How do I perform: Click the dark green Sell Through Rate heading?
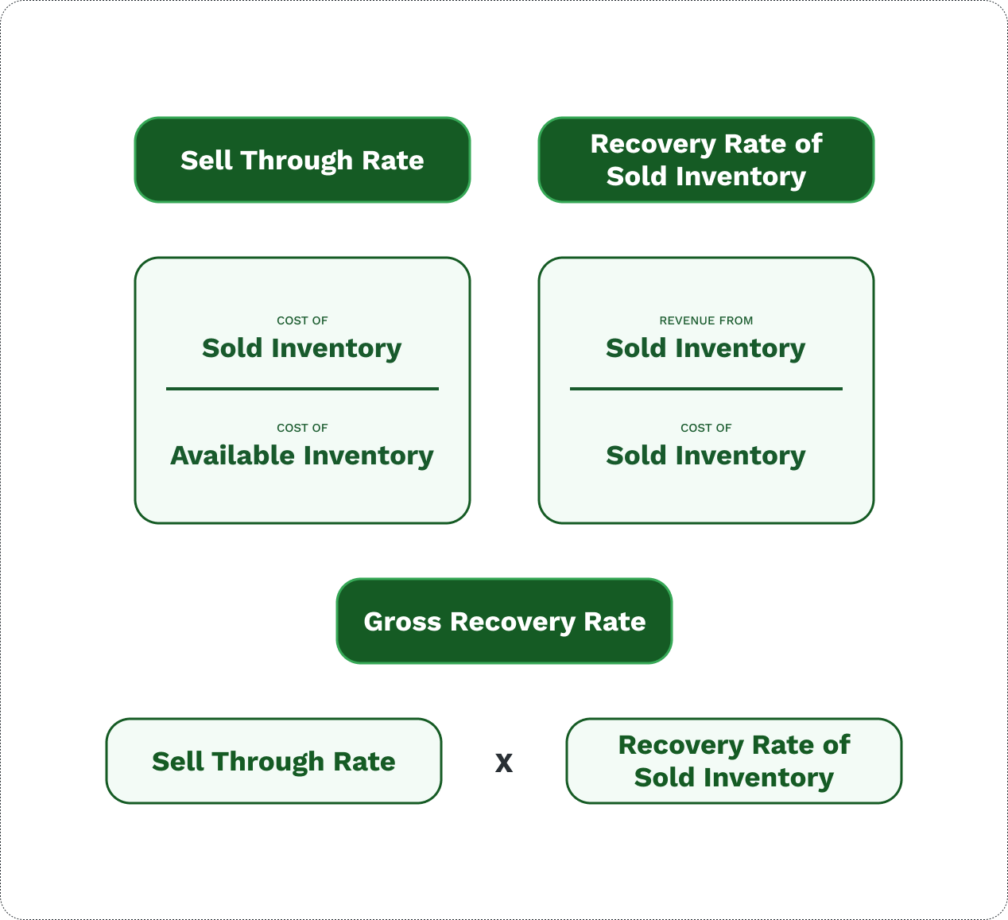point(302,160)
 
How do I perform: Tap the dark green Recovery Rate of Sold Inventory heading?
point(706,160)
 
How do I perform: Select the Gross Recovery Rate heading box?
point(504,621)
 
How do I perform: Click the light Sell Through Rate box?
point(273,761)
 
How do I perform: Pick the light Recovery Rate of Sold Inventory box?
point(734,761)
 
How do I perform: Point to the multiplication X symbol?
point(504,763)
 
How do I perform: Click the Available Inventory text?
point(302,456)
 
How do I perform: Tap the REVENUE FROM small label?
point(706,320)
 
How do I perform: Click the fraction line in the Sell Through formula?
point(302,389)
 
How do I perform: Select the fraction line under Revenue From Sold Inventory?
point(706,389)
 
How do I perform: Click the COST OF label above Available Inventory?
point(302,428)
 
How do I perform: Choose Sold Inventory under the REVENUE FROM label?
point(706,348)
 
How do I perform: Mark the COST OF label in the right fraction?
point(706,428)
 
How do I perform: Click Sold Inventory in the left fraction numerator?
point(302,348)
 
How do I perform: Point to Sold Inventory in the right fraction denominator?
point(706,456)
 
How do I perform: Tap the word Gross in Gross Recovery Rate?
point(402,621)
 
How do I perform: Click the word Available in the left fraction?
point(233,456)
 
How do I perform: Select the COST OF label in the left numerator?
point(302,320)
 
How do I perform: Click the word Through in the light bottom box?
point(269,762)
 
